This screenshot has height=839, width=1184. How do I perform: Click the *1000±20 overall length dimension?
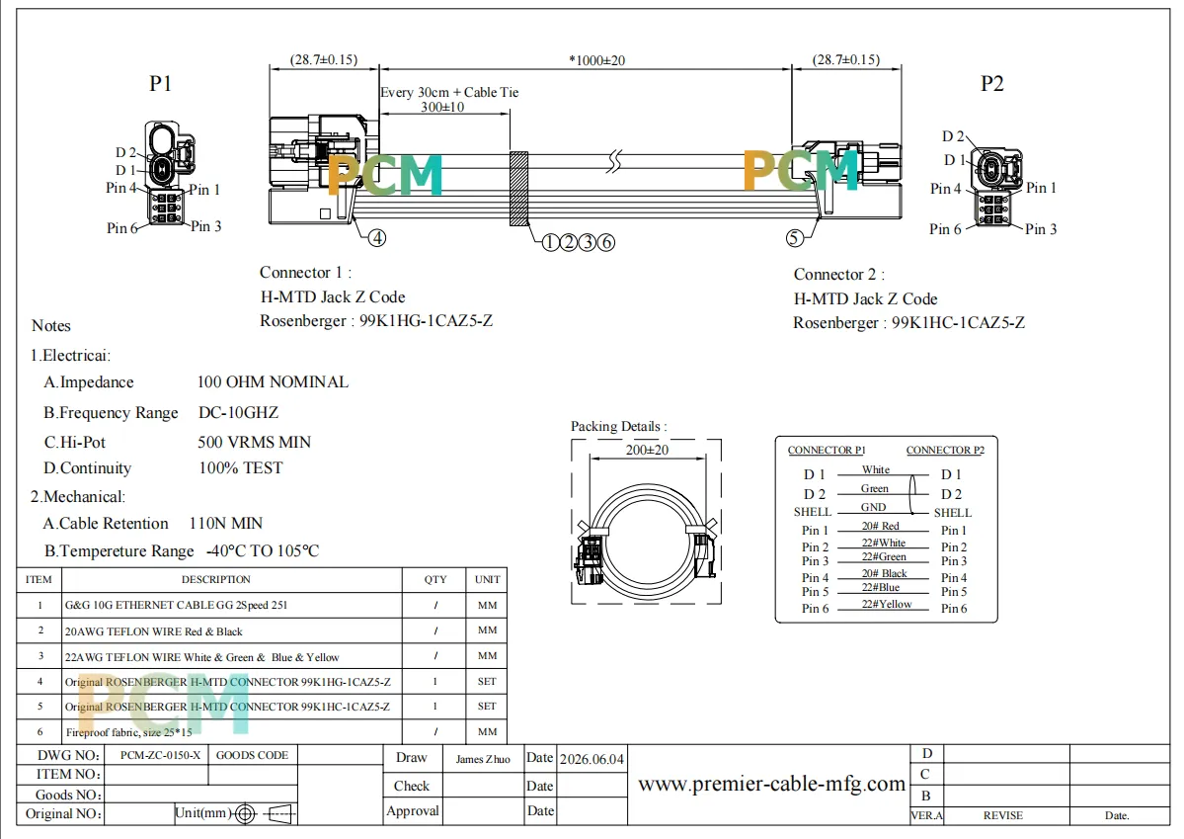pyautogui.click(x=596, y=60)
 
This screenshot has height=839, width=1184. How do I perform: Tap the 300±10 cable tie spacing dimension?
pyautogui.click(x=442, y=108)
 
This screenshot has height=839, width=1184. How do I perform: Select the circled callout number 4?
pyautogui.click(x=377, y=238)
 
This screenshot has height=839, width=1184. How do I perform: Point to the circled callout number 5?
pyautogui.click(x=794, y=238)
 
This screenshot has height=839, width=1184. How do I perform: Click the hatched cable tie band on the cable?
pyautogui.click(x=518, y=188)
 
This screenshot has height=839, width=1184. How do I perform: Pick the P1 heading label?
pyautogui.click(x=160, y=83)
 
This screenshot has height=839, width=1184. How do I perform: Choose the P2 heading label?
pyautogui.click(x=991, y=83)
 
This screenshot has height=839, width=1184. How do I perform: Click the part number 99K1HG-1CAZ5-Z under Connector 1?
pyautogui.click(x=426, y=320)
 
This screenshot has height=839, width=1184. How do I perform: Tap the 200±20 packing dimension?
pyautogui.click(x=647, y=450)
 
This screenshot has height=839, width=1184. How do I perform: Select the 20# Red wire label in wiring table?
pyautogui.click(x=881, y=526)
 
